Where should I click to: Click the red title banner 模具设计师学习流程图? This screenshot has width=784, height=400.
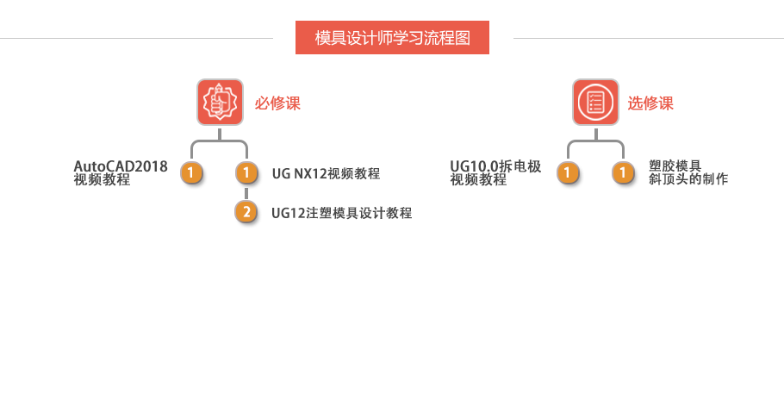click(392, 38)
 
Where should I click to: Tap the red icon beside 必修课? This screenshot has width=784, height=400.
click(220, 103)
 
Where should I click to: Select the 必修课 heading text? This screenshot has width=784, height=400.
click(277, 103)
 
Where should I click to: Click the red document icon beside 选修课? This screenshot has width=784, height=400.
click(595, 103)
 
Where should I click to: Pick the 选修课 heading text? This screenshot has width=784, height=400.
click(650, 103)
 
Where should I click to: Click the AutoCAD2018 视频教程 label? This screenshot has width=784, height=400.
click(121, 173)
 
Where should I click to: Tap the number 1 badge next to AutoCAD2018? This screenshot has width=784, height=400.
click(192, 173)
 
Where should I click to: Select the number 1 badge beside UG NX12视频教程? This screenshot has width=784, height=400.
click(247, 173)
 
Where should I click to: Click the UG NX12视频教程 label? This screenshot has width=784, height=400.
click(326, 174)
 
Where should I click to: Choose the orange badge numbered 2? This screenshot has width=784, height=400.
click(247, 212)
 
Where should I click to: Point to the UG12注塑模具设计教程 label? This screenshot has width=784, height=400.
click(341, 213)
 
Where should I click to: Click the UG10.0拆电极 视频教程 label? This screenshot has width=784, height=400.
click(495, 173)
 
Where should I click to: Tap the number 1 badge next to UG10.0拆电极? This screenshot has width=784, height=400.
click(567, 173)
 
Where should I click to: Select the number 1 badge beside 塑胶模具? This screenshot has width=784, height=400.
click(623, 173)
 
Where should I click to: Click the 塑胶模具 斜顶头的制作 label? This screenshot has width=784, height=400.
click(688, 173)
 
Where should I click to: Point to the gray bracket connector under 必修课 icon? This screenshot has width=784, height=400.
click(220, 141)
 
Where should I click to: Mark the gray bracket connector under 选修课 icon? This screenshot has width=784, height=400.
click(595, 141)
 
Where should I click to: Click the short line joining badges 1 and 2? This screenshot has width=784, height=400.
click(247, 193)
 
